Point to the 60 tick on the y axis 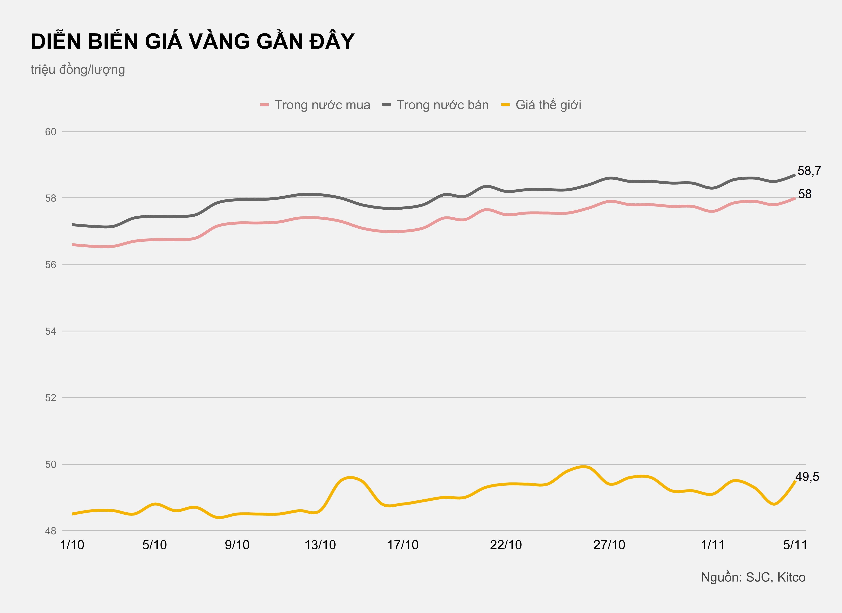(x=50, y=132)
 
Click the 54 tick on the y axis (x=50, y=331)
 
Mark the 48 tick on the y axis (x=50, y=531)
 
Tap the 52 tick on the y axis (x=50, y=398)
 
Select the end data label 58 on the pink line (x=805, y=194)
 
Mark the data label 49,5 (x=807, y=477)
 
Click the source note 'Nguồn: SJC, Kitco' (x=753, y=577)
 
